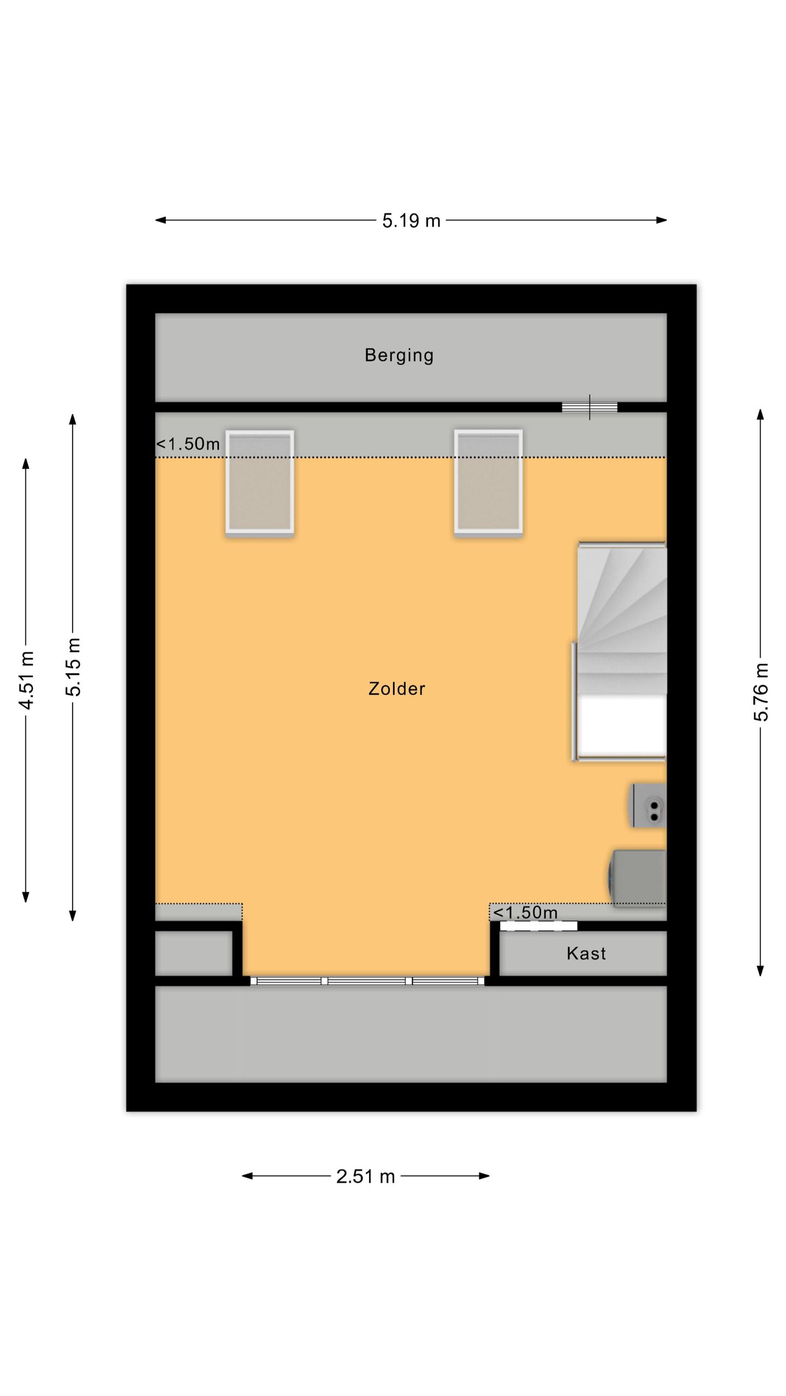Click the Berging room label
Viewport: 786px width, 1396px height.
click(x=399, y=355)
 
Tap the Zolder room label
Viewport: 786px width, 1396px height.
click(x=397, y=689)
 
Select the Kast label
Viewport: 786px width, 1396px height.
click(x=586, y=953)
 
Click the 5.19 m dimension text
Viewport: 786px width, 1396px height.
click(x=411, y=220)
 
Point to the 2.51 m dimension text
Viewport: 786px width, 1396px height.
click(x=365, y=1176)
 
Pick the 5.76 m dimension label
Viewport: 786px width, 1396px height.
click(x=761, y=692)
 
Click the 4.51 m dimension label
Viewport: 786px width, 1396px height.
click(x=26, y=680)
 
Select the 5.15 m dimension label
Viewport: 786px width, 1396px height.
click(x=73, y=667)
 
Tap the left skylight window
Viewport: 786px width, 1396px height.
click(x=260, y=482)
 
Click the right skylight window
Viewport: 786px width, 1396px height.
click(x=489, y=482)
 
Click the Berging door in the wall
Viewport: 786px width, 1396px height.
click(x=589, y=407)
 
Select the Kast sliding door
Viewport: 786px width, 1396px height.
click(x=539, y=925)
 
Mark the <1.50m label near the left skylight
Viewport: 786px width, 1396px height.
click(x=188, y=444)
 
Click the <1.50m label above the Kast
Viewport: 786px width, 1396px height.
click(x=525, y=912)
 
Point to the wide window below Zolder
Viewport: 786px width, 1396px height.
click(x=367, y=981)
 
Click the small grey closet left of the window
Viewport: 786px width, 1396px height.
click(x=194, y=953)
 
